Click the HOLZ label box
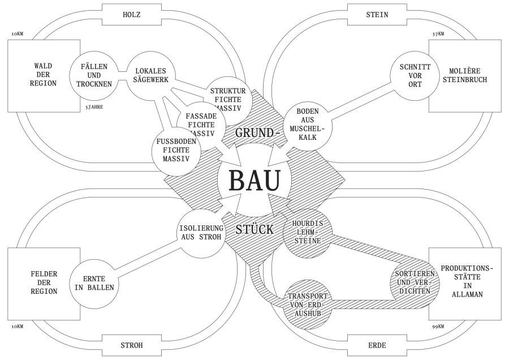click(131, 15)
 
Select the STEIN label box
click(378, 15)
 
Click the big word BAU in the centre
click(255, 181)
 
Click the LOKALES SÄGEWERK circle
click(149, 75)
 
